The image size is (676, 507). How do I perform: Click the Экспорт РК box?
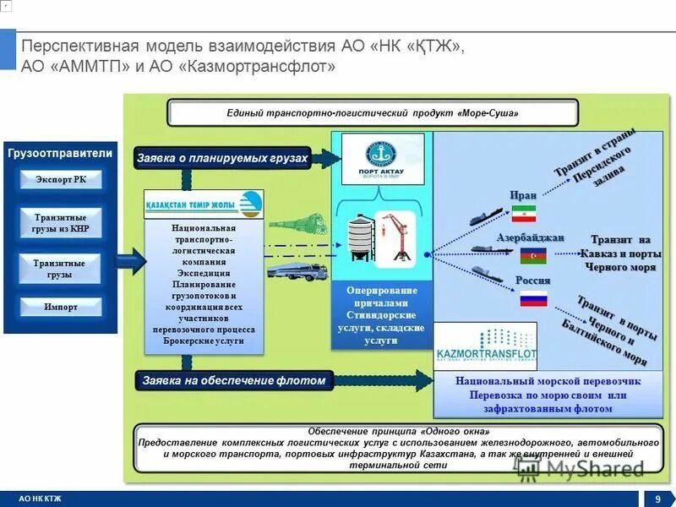tap(60, 179)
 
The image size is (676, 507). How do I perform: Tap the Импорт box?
tap(60, 307)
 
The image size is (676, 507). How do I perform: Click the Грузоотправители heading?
tap(60, 153)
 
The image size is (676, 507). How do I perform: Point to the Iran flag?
tap(523, 213)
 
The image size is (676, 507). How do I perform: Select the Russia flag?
tap(533, 297)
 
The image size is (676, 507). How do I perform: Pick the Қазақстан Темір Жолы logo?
tap(204, 204)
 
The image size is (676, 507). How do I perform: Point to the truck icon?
tap(297, 271)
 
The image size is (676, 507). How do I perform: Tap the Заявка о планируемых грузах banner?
tap(222, 158)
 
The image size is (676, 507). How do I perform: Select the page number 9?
tap(657, 499)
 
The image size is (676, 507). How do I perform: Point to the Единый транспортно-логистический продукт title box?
tap(372, 113)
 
